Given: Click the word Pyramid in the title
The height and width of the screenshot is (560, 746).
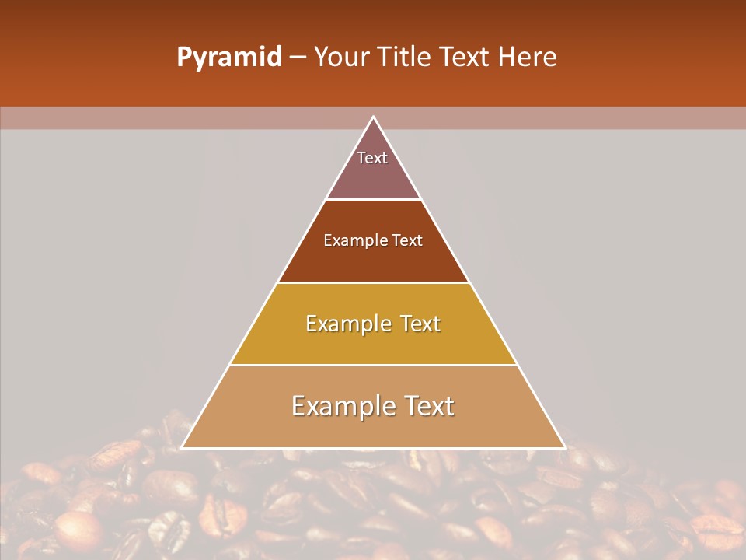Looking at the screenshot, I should (x=228, y=58).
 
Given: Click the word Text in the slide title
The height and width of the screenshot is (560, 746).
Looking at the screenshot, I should (x=465, y=58).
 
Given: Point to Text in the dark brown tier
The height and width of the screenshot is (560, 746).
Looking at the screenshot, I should (x=407, y=241).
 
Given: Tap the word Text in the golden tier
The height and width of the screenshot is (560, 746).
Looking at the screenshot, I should (x=421, y=324).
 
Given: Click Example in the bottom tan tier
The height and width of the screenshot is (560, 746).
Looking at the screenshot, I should (x=341, y=406).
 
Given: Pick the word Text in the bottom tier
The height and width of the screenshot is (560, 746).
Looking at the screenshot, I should (x=427, y=406).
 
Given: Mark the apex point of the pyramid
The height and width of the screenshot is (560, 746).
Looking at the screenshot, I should (x=373, y=117).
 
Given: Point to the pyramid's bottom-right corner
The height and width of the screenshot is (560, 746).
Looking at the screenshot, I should (x=564, y=447).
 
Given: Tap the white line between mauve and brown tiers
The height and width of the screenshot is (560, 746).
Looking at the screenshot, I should (x=373, y=200).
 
